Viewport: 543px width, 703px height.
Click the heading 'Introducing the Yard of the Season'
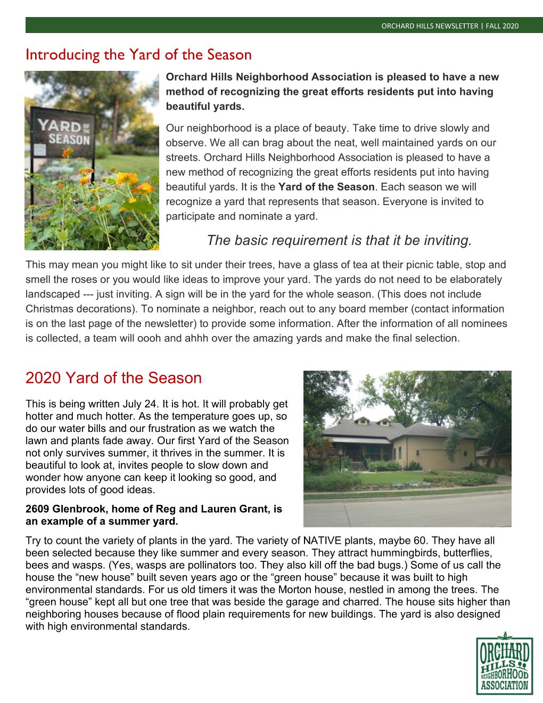coord(138,54)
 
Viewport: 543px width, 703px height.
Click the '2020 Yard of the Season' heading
coord(113,378)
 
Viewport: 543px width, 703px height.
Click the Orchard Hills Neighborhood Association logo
coord(503,663)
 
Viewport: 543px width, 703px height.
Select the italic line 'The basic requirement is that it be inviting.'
coord(339,240)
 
